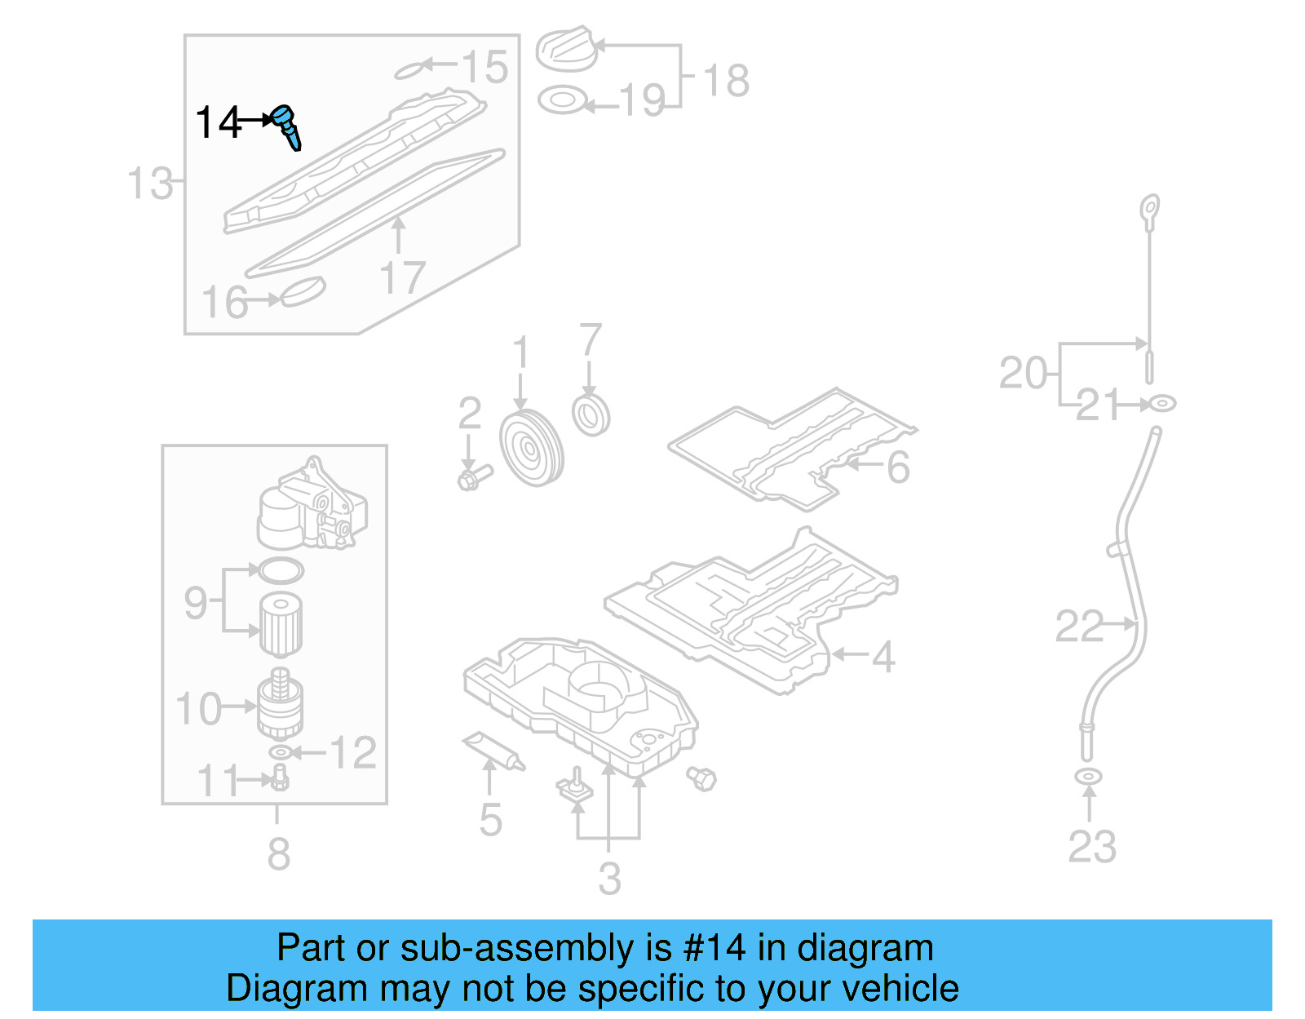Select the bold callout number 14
click(x=219, y=123)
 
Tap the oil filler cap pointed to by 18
click(x=564, y=49)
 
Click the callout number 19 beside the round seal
click(x=642, y=101)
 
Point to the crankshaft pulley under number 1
click(x=531, y=450)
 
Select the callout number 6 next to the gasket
click(x=897, y=467)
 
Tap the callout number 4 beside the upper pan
click(x=883, y=656)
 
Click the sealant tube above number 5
click(x=494, y=751)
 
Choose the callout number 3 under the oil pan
click(x=609, y=879)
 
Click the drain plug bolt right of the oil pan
click(x=701, y=778)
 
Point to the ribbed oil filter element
click(x=281, y=625)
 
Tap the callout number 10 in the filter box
click(x=198, y=708)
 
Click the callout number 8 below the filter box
click(x=278, y=854)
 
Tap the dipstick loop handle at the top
click(x=1150, y=209)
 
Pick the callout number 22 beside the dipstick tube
click(x=1078, y=627)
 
